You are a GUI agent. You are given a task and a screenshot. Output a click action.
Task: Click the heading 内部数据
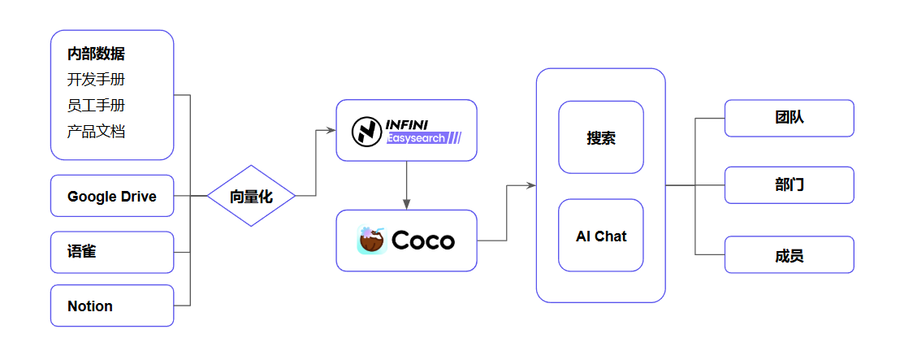pos(96,54)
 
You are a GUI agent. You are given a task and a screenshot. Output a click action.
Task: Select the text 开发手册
pos(96,80)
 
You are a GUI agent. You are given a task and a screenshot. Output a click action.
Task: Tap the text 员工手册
pos(96,106)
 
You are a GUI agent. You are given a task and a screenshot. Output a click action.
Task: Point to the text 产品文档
pos(96,132)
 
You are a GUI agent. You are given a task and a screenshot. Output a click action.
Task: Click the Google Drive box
pos(112,196)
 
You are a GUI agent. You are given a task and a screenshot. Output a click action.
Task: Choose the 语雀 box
pos(112,252)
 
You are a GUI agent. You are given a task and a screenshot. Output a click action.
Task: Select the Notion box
pos(112,306)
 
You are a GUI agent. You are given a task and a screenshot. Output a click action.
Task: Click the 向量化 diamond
pos(251,196)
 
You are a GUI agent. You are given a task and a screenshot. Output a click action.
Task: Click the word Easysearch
pos(416,139)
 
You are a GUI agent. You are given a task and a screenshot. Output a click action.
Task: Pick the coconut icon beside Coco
pos(372,241)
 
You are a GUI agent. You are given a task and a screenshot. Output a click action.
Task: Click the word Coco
pos(423,241)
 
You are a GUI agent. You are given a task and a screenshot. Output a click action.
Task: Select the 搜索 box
pos(600,137)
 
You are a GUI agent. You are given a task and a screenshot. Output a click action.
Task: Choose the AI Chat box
pos(600,236)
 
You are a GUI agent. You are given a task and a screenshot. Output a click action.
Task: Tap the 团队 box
pos(789,118)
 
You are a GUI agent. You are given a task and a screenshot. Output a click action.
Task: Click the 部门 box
pos(789,185)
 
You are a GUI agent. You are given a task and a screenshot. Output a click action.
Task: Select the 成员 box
pos(789,254)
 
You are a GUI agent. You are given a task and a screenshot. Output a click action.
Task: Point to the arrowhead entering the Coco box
pos(406,205)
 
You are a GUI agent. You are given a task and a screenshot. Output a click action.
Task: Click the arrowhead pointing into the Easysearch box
pos(331,131)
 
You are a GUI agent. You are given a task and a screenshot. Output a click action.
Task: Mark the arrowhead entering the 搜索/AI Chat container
pos(531,185)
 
